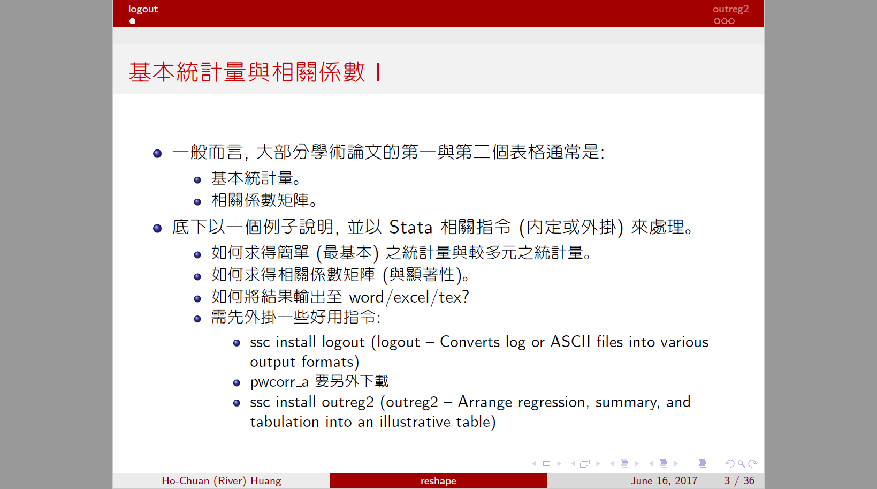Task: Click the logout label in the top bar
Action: [143, 9]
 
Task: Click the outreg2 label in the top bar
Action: [730, 9]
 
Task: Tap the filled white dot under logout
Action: [132, 21]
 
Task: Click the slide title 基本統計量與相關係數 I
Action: [255, 72]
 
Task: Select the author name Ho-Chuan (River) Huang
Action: [221, 481]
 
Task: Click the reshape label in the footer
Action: [438, 481]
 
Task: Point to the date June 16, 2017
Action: [664, 481]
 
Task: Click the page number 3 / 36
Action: [739, 481]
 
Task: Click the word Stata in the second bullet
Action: [411, 227]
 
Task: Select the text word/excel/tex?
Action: [409, 297]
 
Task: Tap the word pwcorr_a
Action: [279, 382]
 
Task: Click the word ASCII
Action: [570, 342]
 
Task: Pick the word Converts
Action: [470, 342]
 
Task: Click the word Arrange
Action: [485, 403]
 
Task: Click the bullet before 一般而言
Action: [157, 153]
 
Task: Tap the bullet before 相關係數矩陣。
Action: [197, 202]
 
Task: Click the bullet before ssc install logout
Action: [237, 343]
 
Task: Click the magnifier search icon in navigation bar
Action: [741, 464]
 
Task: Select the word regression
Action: [553, 403]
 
